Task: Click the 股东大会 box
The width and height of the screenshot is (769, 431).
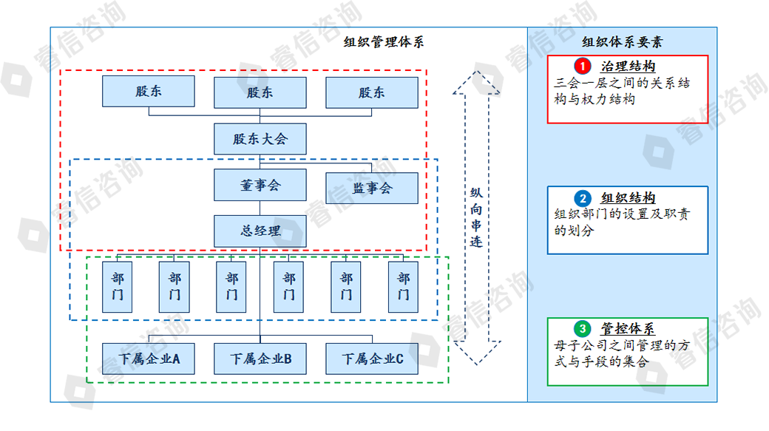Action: click(260, 139)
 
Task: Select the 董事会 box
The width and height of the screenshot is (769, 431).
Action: click(260, 185)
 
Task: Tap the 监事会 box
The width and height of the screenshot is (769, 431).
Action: click(372, 188)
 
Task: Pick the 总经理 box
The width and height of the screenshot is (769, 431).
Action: click(260, 231)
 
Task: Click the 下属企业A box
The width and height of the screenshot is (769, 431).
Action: click(148, 359)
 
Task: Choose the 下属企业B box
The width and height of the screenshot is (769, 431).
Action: click(260, 359)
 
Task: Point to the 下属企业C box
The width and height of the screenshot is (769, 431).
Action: click(372, 359)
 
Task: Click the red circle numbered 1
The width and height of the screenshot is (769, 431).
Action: click(583, 67)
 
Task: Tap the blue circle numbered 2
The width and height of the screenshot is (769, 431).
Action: click(583, 198)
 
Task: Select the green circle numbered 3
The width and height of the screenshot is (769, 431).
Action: click(583, 328)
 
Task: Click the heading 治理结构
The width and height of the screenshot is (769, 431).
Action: click(629, 67)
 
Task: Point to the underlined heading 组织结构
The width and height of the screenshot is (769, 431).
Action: click(629, 198)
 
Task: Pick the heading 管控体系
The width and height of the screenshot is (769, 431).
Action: click(629, 328)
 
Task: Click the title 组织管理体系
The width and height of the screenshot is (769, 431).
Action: click(384, 42)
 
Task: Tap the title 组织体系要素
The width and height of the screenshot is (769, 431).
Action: click(623, 42)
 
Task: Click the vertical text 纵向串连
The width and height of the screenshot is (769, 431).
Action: click(476, 217)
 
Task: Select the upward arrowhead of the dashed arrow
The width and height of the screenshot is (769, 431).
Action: click(476, 82)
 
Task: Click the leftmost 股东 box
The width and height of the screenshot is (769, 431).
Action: click(148, 91)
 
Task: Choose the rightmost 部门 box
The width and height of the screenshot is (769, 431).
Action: click(403, 287)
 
